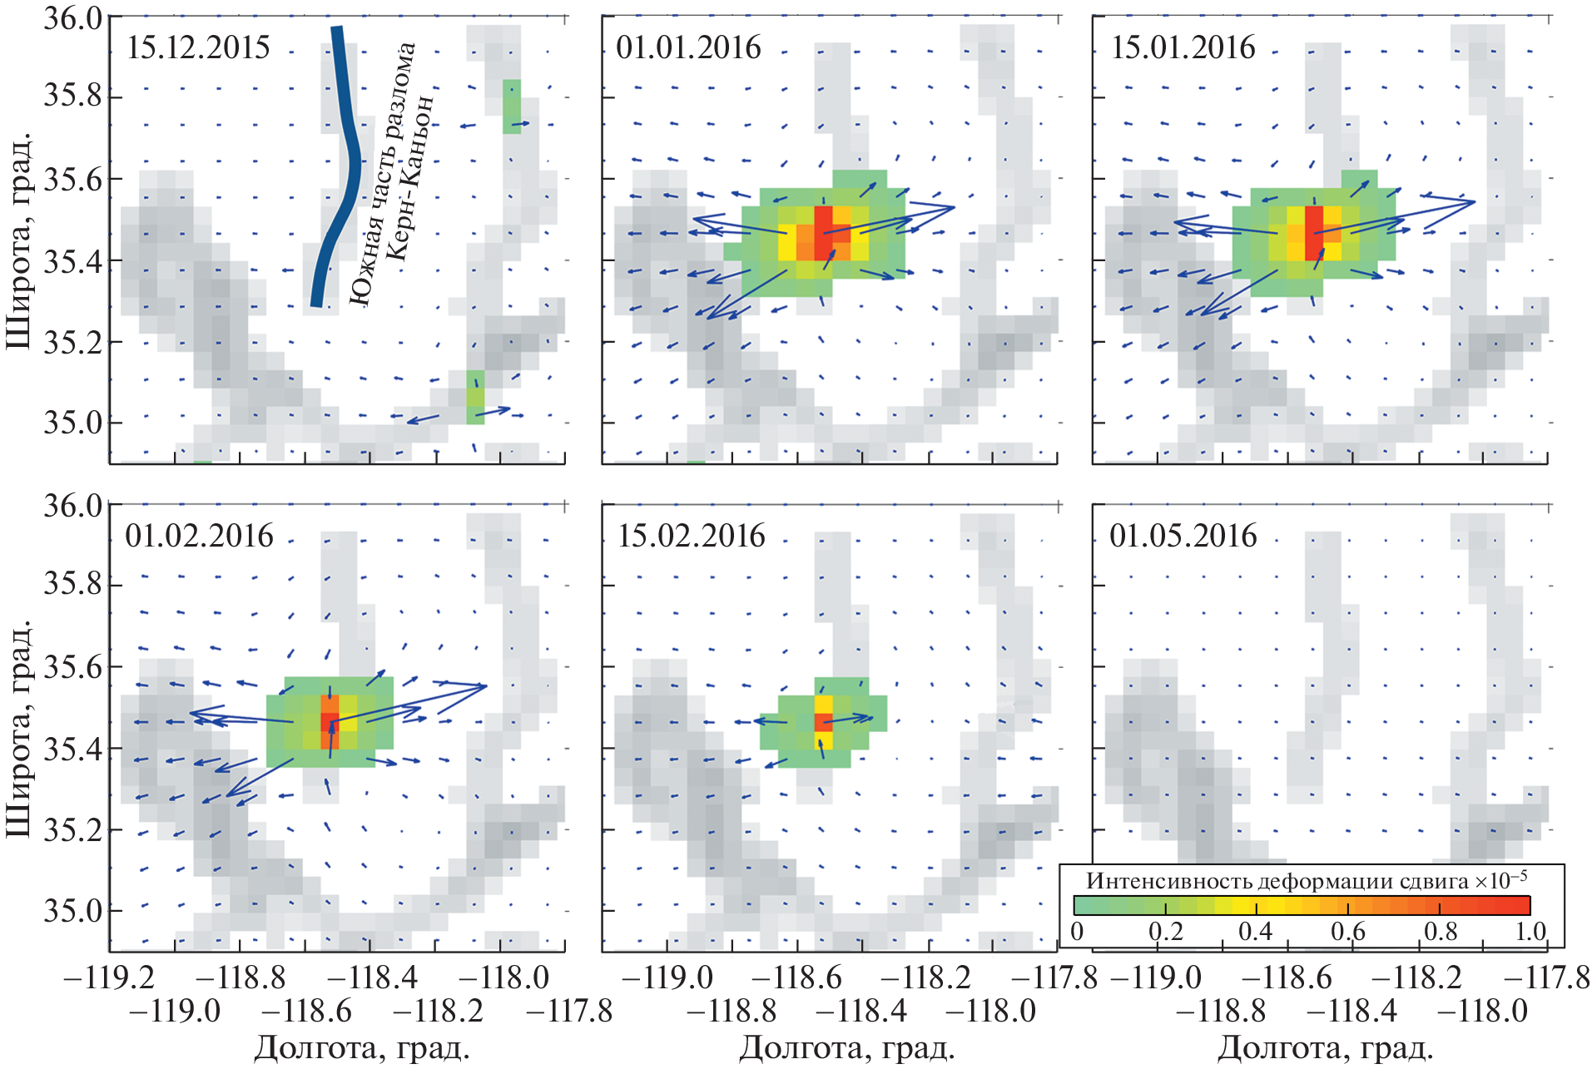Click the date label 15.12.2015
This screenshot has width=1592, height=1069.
click(x=198, y=47)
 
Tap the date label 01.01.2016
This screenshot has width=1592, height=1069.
click(x=688, y=47)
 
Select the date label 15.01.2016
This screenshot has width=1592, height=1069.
click(x=1183, y=47)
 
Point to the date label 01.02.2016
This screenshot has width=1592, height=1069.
click(x=199, y=536)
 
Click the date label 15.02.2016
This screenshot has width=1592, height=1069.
click(x=691, y=536)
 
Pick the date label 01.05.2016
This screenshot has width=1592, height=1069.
click(x=1183, y=536)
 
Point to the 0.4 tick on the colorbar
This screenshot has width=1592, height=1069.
click(x=1254, y=930)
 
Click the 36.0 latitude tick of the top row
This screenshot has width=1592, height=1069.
click(x=73, y=18)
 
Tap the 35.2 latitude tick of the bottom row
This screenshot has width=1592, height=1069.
click(x=73, y=829)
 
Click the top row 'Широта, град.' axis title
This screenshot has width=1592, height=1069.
click(x=20, y=240)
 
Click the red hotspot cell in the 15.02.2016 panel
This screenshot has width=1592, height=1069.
click(x=823, y=722)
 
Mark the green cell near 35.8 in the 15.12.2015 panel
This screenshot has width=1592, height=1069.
click(x=512, y=106)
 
